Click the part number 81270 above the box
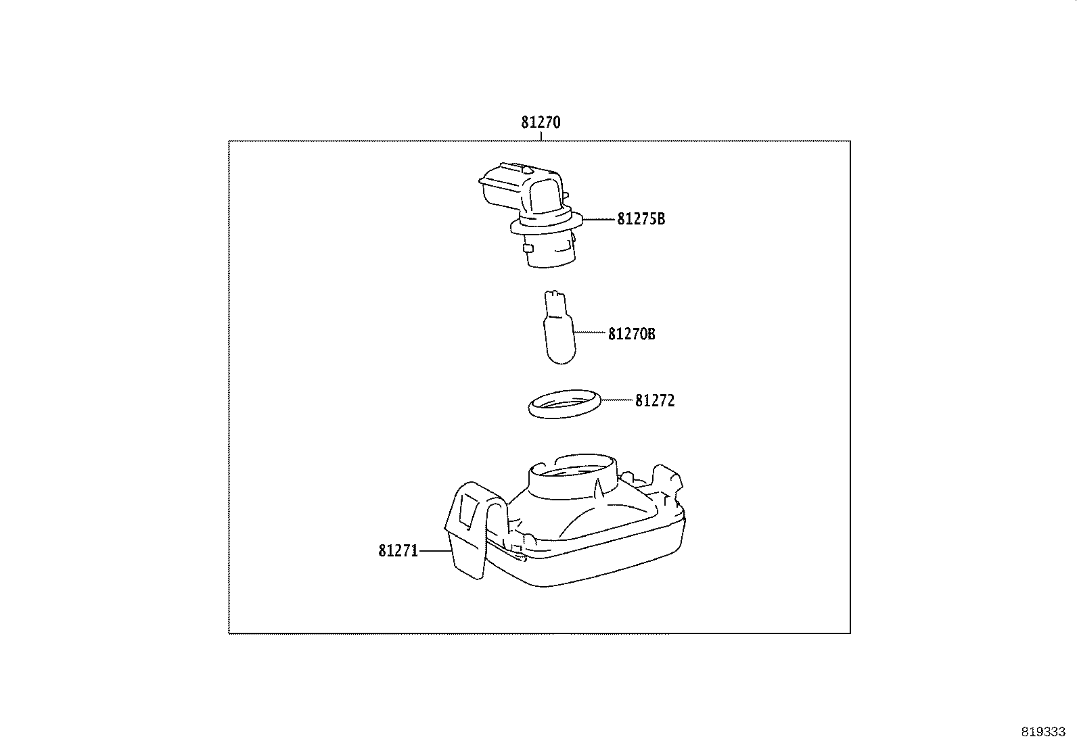(x=541, y=123)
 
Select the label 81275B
(x=641, y=219)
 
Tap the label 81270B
(x=631, y=334)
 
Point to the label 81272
(x=654, y=401)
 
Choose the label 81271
(x=398, y=551)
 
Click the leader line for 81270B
(x=590, y=333)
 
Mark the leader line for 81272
(x=616, y=400)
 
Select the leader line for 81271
(x=434, y=551)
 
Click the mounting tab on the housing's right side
(x=666, y=479)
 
